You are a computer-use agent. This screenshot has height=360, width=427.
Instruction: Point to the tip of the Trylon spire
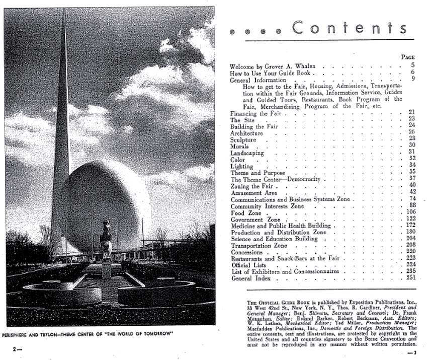click(x=63, y=10)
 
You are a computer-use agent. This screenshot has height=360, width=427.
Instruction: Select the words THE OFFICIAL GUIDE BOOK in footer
click(x=269, y=298)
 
